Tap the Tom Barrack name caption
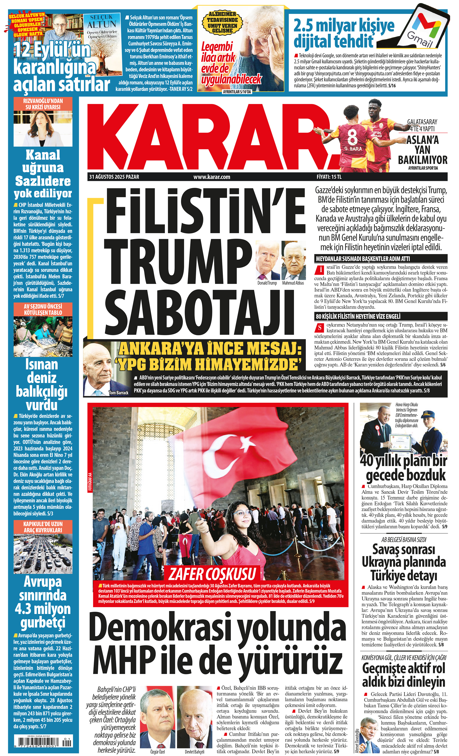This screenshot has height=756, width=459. coord(118,392)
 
